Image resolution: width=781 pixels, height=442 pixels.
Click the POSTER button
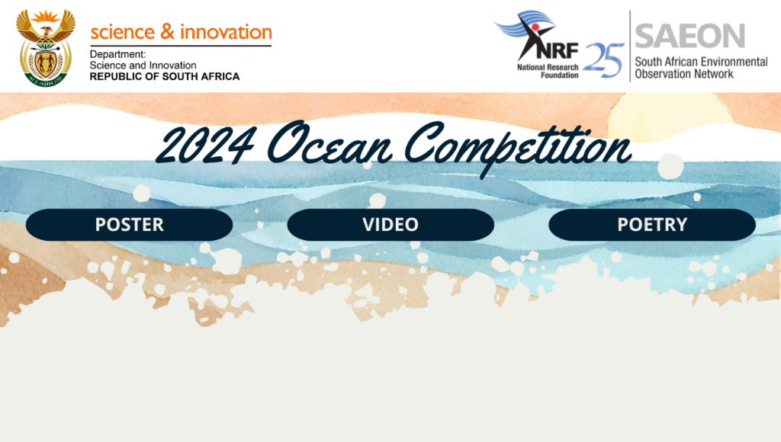tap(129, 225)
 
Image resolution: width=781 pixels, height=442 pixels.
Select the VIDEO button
tap(390, 225)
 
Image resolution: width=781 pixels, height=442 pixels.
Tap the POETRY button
tap(652, 225)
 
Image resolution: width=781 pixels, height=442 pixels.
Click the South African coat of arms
tap(45, 48)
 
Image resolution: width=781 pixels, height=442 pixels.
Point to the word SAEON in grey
tap(689, 36)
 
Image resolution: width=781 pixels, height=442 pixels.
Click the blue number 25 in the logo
tap(604, 59)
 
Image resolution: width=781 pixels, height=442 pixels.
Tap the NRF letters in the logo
tap(558, 50)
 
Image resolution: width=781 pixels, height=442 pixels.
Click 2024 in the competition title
tap(206, 146)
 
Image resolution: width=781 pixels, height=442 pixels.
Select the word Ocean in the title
tap(329, 143)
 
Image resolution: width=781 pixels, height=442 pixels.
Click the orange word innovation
tap(226, 32)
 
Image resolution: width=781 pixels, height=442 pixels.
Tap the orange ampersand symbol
tap(167, 31)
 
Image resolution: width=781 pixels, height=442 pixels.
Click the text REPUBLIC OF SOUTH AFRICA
tap(165, 77)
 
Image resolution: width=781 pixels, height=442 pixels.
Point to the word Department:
tap(117, 54)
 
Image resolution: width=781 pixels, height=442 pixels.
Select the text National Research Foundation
tap(548, 71)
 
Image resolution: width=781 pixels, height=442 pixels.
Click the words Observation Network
tap(684, 74)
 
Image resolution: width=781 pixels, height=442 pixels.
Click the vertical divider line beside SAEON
tap(630, 46)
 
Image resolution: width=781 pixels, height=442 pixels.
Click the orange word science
tap(123, 33)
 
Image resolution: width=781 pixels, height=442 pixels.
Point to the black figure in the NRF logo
tap(532, 36)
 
